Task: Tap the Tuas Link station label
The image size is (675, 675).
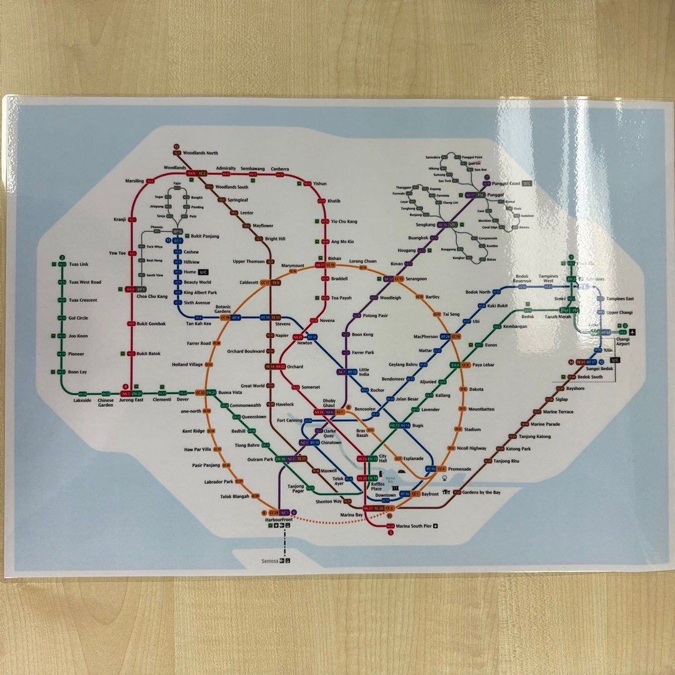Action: point(79,264)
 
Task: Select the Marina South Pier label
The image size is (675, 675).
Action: point(414,526)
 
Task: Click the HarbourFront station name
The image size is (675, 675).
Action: point(278,521)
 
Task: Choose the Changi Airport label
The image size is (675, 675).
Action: point(622,341)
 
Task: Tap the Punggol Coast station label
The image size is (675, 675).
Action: point(506,183)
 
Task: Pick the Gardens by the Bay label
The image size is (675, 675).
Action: point(481,492)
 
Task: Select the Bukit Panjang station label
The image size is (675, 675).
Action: point(205,236)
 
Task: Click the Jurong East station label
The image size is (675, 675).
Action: point(132,400)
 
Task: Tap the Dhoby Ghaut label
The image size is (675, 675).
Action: point(329,403)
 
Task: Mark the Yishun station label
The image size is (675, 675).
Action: point(320,184)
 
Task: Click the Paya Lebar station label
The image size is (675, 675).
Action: point(484,364)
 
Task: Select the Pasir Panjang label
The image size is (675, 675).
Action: point(206,466)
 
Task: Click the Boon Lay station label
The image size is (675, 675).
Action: point(77,372)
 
